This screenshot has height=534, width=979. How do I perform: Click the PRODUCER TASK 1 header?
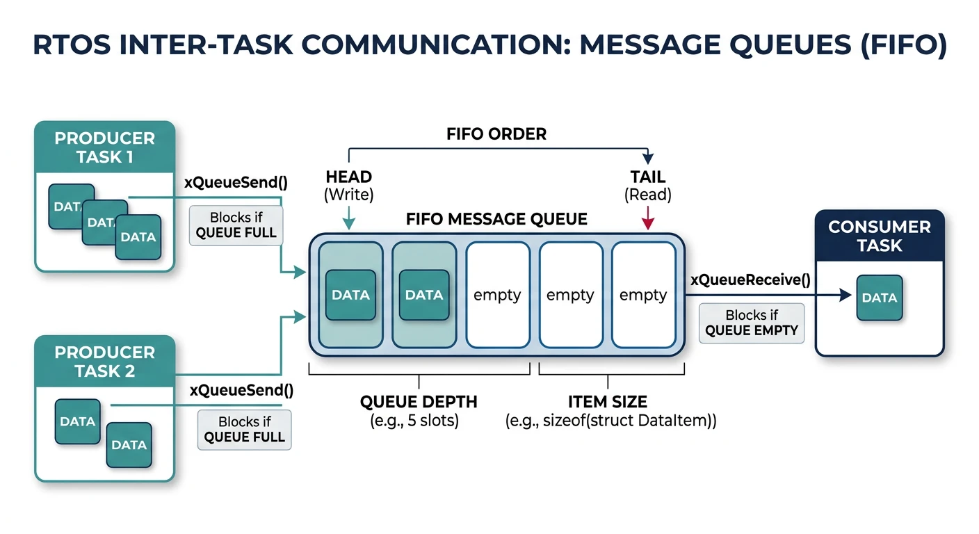[104, 147]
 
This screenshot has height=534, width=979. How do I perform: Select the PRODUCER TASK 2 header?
[104, 362]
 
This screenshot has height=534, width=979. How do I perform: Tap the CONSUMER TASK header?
[879, 236]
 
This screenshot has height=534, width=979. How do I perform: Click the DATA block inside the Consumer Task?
[879, 298]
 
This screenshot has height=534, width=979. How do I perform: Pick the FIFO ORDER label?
[496, 134]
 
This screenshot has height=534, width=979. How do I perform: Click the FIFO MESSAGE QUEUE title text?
[496, 220]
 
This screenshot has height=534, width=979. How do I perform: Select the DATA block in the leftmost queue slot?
[350, 295]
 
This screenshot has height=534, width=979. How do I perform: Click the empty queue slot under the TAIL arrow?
[643, 295]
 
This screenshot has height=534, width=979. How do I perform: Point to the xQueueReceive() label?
[750, 280]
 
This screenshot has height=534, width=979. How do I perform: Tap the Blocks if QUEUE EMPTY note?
[751, 323]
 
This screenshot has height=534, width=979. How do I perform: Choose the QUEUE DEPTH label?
[419, 402]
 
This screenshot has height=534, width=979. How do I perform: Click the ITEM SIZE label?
[608, 402]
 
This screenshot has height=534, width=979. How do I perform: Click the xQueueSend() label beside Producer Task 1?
[236, 183]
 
